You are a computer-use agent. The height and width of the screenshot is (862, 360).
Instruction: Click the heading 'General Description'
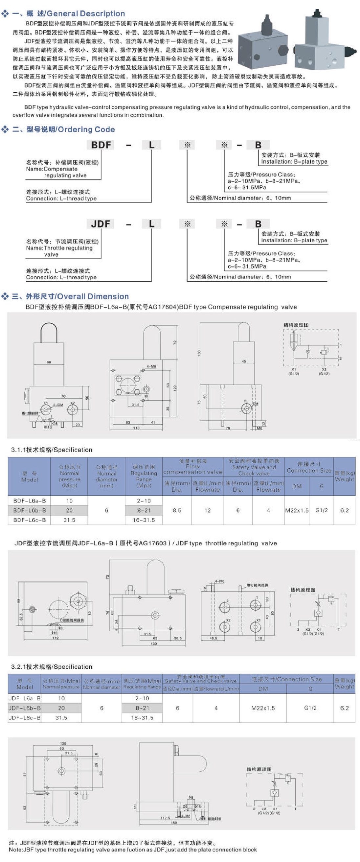coord(85,14)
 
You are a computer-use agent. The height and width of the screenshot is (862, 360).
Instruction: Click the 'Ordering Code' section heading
coord(85,129)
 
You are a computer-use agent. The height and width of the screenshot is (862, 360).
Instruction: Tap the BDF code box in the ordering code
coord(101,145)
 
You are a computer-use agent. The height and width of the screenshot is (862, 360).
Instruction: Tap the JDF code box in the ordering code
coord(101,224)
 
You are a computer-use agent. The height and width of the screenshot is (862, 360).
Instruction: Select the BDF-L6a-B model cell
coord(30,501)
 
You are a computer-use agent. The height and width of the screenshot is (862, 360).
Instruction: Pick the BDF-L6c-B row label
coord(30,520)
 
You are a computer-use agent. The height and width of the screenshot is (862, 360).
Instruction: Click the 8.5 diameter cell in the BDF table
coord(177,510)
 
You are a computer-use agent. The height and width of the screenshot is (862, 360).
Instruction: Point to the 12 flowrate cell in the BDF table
coord(208,510)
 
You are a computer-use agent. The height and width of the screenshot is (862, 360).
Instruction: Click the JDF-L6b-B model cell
coord(24,708)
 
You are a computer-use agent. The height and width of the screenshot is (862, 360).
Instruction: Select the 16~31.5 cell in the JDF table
coord(142,717)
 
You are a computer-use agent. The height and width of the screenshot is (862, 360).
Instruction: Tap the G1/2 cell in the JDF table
coord(310,708)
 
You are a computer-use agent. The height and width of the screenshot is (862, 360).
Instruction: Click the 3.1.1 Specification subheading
coord(52,450)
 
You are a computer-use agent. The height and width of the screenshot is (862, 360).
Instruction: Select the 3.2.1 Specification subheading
coord(52,667)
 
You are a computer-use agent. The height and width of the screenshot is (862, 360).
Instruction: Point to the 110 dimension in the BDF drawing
coord(136,428)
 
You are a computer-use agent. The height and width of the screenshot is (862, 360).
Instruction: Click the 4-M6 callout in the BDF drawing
coord(151,366)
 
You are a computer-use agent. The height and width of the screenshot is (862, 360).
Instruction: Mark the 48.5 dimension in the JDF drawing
coord(213,639)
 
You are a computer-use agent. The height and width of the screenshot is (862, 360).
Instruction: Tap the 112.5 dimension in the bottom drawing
coord(165,818)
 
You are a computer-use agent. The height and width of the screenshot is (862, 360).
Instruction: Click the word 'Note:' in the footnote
coord(15,850)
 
